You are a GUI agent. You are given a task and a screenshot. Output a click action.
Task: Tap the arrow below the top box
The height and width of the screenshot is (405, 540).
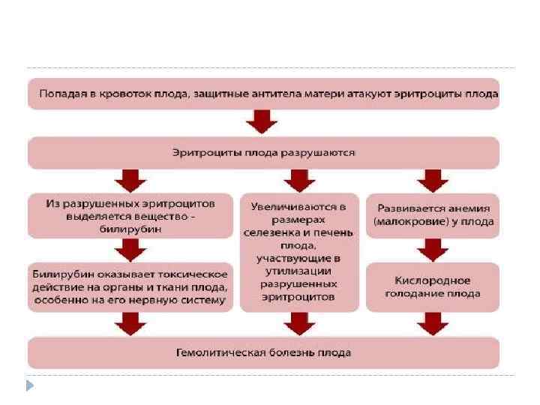(262, 121)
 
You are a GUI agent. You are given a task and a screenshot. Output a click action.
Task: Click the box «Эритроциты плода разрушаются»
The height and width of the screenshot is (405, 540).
(263, 152)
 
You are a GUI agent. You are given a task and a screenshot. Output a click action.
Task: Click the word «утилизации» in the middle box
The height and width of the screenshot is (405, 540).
(298, 271)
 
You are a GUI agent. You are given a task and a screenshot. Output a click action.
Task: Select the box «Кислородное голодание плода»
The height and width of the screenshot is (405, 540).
(432, 286)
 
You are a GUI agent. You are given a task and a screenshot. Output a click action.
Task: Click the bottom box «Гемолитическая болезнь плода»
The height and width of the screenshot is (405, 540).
(263, 352)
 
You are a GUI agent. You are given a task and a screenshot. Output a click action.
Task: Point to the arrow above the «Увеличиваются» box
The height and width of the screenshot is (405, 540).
(298, 180)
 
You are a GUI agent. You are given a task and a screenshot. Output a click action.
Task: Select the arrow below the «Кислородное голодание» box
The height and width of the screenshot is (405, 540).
(433, 322)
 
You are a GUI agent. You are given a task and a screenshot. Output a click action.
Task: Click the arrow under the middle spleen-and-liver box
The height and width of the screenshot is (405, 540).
(298, 322)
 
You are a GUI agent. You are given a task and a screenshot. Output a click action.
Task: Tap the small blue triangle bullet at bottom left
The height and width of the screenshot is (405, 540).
(30, 386)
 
